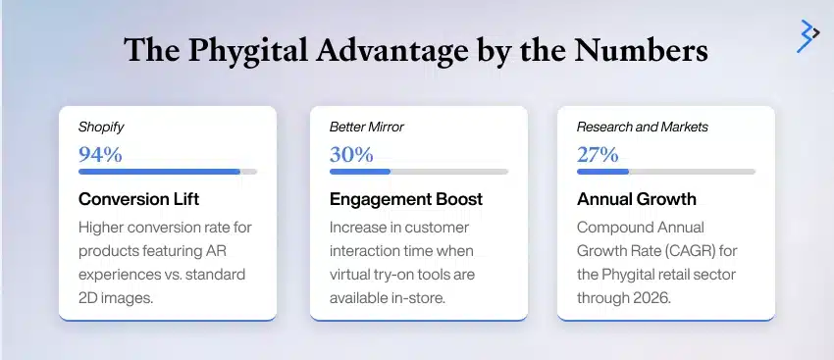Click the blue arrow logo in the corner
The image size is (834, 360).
808,34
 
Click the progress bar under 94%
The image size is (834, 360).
167,172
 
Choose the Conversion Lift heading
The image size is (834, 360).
138,199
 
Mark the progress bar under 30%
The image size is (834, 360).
418,172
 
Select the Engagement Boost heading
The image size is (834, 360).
405,199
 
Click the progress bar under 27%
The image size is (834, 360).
665,172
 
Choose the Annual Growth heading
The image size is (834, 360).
636,199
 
